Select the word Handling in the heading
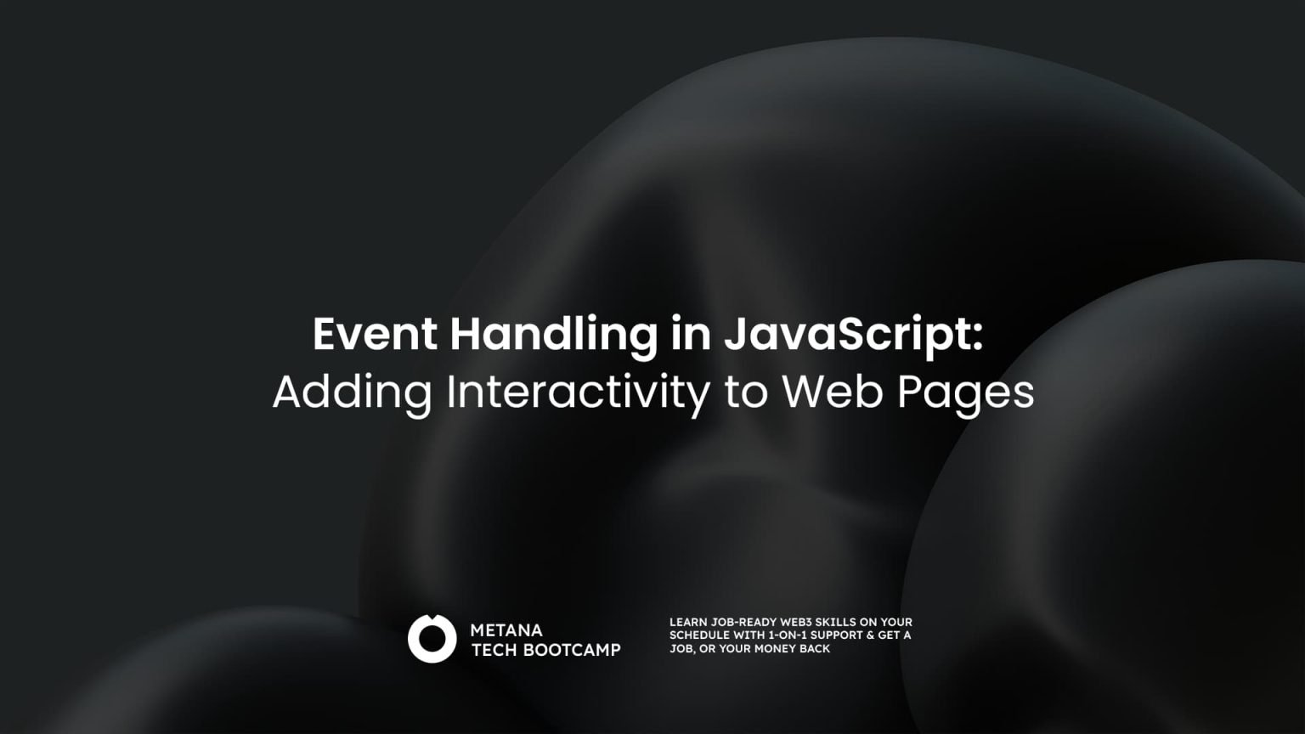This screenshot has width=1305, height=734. (553, 334)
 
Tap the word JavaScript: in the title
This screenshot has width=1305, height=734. (853, 334)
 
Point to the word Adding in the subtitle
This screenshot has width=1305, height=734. (352, 392)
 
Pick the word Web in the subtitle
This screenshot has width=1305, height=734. (831, 392)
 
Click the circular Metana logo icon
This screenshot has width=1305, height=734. (432, 639)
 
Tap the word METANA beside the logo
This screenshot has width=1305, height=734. (506, 630)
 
